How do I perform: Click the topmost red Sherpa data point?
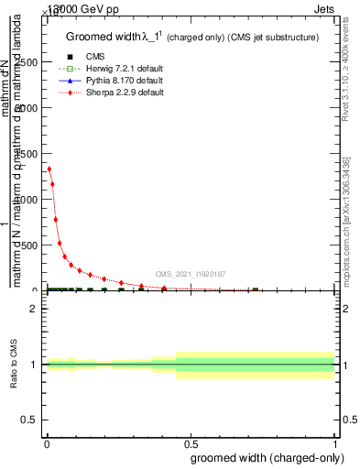coord(49,169)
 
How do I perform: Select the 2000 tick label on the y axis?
coord(27,108)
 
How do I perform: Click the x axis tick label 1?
coord(335,445)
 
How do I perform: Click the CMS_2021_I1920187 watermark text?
coord(190,273)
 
